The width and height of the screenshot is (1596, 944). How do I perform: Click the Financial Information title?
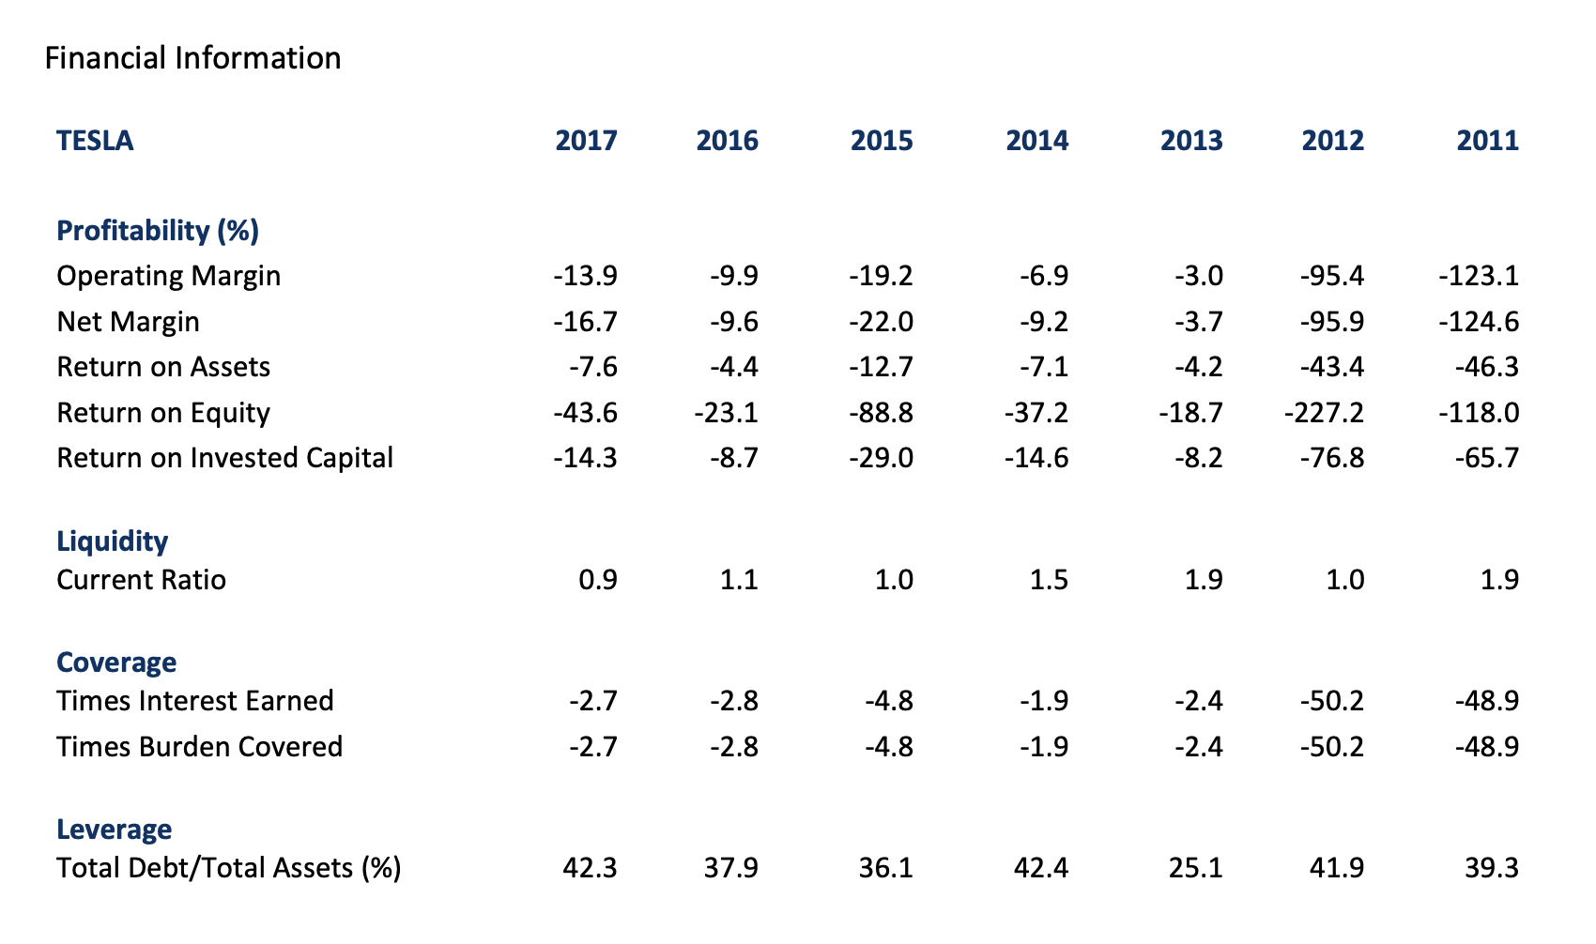point(192,58)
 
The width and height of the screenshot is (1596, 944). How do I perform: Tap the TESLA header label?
point(95,141)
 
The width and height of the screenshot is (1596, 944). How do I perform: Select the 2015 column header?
point(882,141)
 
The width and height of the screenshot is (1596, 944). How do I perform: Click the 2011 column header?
point(1487,141)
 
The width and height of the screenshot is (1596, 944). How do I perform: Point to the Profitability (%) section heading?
point(158,231)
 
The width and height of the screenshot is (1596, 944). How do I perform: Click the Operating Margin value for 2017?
point(585,276)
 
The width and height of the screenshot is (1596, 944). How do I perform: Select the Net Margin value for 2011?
point(1478,322)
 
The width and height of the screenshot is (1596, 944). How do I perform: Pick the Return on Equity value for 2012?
point(1324,413)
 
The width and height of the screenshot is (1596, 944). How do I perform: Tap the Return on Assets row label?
point(163,367)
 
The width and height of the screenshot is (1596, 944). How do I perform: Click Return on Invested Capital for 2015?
point(881,458)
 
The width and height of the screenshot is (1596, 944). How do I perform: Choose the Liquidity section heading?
point(113,541)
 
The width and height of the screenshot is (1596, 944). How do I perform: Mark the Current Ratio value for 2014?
point(1049,580)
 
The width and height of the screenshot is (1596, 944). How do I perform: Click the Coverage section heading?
point(116,662)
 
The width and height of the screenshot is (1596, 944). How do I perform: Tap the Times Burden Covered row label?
point(199,747)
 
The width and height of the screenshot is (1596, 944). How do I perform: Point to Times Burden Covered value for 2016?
point(734,747)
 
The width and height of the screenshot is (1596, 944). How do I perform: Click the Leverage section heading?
point(115,830)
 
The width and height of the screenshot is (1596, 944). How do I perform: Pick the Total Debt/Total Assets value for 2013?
point(1195,868)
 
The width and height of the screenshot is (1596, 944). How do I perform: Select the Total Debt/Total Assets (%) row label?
point(229,868)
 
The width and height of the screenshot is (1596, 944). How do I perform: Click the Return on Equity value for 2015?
point(881,413)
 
